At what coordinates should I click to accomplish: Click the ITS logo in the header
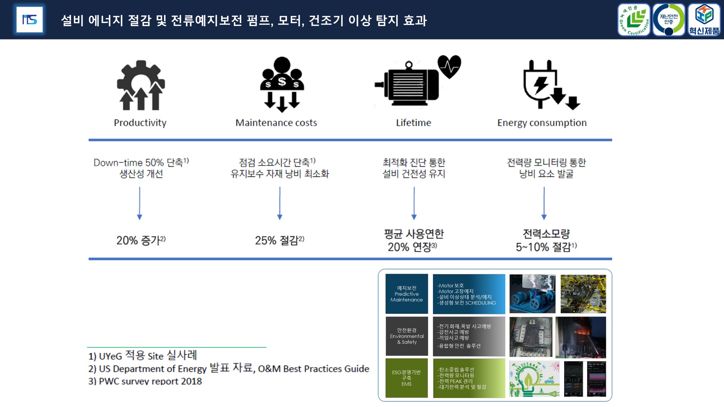[29, 20]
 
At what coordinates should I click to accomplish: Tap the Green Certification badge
[634, 20]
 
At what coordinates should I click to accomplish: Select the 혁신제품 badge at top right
[704, 20]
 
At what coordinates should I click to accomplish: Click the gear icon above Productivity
[141, 85]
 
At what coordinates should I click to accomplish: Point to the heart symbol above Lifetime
[449, 66]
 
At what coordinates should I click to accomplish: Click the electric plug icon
[541, 84]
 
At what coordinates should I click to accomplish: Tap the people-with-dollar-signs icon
[282, 84]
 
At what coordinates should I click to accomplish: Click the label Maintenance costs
[276, 123]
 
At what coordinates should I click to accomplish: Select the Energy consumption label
[542, 123]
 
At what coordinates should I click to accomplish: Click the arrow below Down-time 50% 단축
[140, 203]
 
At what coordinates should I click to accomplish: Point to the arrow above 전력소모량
[544, 203]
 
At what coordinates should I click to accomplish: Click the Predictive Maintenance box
[406, 294]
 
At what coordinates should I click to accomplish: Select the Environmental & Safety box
[406, 336]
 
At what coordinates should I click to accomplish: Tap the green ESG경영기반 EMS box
[406, 378]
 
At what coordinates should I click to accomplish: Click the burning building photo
[581, 337]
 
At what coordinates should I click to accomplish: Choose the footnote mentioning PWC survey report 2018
[145, 381]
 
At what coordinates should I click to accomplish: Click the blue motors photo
[532, 294]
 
